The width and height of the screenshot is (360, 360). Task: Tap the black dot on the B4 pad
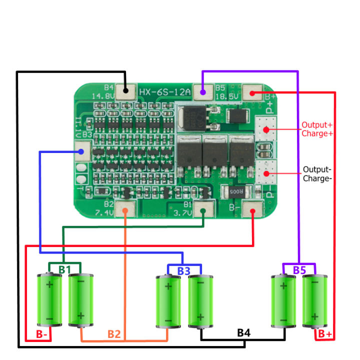pyautogui.click(x=125, y=91)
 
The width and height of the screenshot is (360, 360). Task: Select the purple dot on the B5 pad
pyautogui.click(x=202, y=92)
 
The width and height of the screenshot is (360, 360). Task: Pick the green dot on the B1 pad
pyautogui.click(x=203, y=210)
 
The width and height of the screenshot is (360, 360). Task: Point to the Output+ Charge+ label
pyautogui.click(x=317, y=129)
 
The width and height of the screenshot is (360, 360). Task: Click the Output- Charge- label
pyautogui.click(x=317, y=173)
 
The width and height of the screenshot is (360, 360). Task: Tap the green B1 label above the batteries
pyautogui.click(x=64, y=270)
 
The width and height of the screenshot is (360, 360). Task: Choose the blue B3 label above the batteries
pyautogui.click(x=183, y=270)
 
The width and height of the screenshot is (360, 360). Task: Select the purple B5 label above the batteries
pyautogui.click(x=299, y=270)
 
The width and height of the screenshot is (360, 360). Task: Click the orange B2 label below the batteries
pyautogui.click(x=114, y=334)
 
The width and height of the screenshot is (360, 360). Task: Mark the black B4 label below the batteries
pyautogui.click(x=243, y=332)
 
